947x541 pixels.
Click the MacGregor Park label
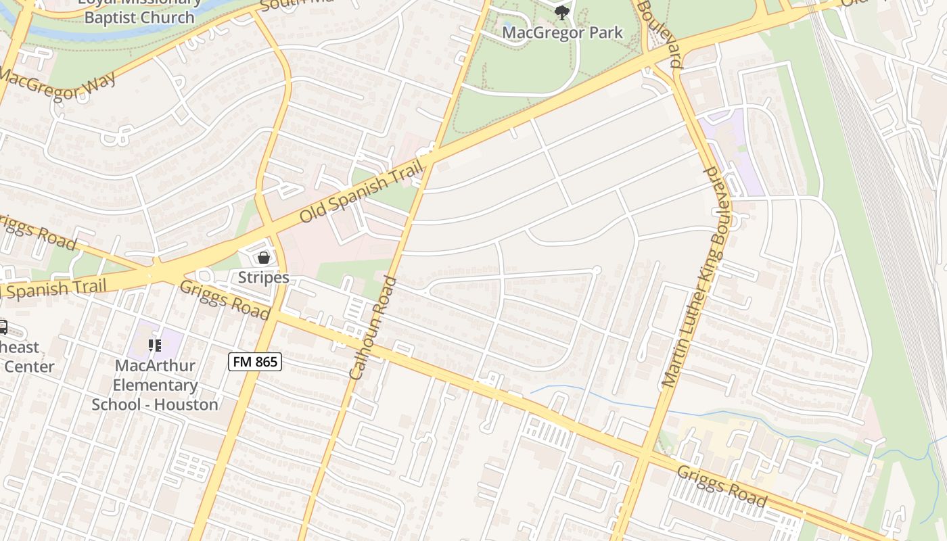click(x=563, y=32)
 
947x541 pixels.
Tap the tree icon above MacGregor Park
click(x=561, y=12)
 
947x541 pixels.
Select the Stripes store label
click(x=264, y=277)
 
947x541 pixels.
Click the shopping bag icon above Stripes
click(x=264, y=258)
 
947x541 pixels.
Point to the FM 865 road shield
click(x=254, y=362)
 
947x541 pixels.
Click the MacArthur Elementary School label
click(x=155, y=385)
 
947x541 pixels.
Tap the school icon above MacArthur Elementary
click(x=155, y=346)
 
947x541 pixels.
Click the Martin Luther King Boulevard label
click(x=695, y=277)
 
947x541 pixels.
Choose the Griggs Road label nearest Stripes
click(x=225, y=300)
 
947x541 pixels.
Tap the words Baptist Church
click(x=139, y=17)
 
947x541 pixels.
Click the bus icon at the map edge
click(x=3, y=328)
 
